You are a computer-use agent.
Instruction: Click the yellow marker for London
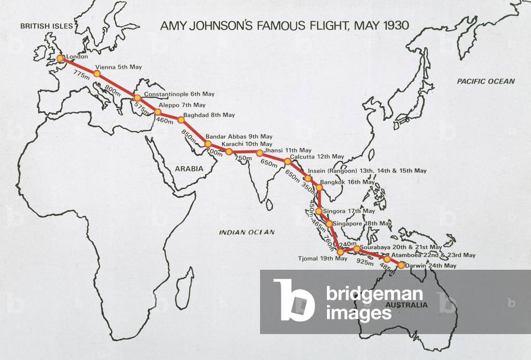pos(60,59)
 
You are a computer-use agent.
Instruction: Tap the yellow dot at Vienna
pos(97,74)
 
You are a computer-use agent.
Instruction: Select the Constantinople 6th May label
pos(179,94)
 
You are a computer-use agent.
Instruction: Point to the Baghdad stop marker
pos(181,120)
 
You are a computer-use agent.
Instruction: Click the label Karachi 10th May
pos(247,144)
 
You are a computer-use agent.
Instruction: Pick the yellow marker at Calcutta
pos(288,161)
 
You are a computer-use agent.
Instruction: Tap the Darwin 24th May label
pos(431,266)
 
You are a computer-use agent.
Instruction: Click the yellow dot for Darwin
pos(401,265)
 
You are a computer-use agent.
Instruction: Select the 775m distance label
pos(81,76)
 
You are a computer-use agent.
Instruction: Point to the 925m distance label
pos(365,263)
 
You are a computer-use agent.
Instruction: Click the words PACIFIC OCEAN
pos(486,81)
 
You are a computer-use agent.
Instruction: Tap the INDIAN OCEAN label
pos(247,232)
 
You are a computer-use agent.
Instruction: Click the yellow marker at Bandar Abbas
pos(208,144)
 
